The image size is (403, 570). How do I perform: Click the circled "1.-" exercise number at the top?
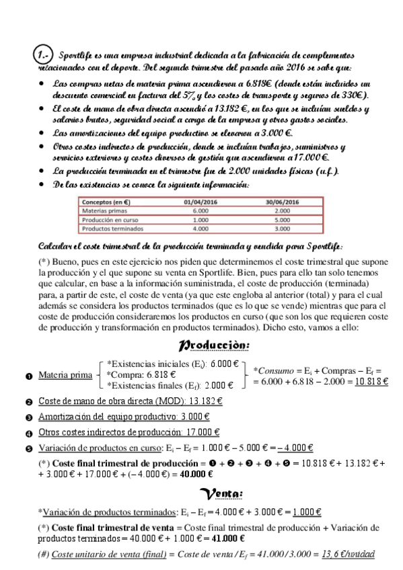pos(44,53)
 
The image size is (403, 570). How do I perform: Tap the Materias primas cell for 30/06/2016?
pos(283,210)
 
